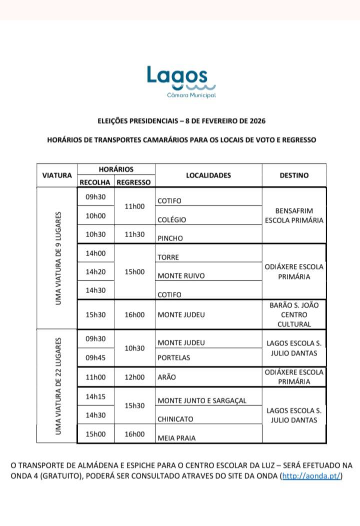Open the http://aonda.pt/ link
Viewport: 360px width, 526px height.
pos(312,476)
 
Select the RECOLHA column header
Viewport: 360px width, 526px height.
pos(95,182)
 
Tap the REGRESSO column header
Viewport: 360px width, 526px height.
pos(133,182)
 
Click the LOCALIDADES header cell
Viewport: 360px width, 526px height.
pos(208,175)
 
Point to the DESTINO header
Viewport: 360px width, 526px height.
pos(294,175)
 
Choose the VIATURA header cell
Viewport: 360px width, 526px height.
pos(57,175)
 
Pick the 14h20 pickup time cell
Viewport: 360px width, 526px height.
pos(95,272)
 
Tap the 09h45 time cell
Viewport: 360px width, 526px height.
pos(95,357)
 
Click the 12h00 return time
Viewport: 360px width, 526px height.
pos(134,377)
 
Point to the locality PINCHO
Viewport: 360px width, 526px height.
pos(170,238)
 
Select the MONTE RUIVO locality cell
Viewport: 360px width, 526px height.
pos(181,276)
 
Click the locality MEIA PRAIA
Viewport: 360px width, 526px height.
pos(176,438)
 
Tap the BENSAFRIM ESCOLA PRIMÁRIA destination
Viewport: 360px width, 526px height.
pos(294,215)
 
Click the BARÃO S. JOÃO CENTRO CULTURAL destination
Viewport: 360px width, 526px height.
pos(294,314)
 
